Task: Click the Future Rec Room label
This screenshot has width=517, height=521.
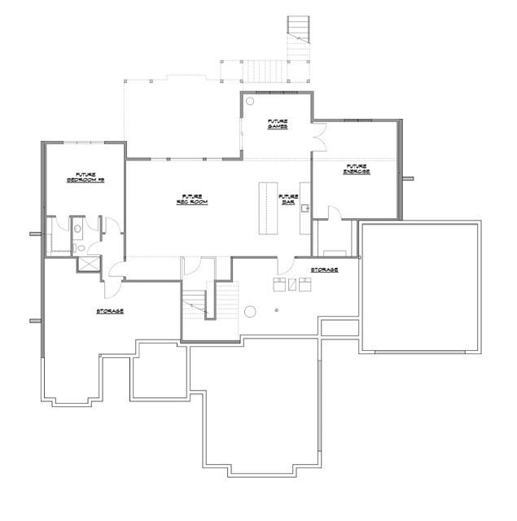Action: point(193,199)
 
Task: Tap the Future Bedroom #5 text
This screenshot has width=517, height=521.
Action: point(85,177)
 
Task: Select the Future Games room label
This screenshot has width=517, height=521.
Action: point(278,124)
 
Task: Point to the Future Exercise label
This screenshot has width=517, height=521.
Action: point(356,169)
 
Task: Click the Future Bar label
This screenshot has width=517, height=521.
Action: point(288,199)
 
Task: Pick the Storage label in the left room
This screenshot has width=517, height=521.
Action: point(110,311)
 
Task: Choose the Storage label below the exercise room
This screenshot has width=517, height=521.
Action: point(324,269)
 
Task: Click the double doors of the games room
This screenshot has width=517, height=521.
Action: point(318,138)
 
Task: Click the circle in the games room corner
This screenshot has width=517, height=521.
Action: point(251,103)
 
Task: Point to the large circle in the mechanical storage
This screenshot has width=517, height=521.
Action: point(251,311)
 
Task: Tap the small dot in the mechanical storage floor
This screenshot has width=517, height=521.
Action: point(277,310)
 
